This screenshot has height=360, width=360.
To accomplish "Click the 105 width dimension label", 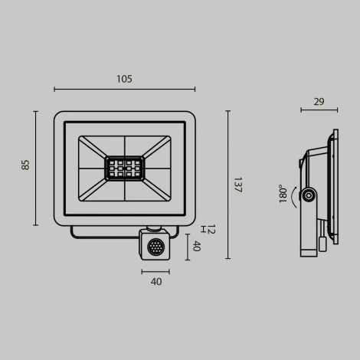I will (124, 79).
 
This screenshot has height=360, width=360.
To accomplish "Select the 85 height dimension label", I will (25, 164).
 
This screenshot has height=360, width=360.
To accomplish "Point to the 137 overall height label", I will (237, 185).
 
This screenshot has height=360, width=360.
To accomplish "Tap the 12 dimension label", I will (211, 229).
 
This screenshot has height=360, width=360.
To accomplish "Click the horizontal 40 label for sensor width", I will (156, 282).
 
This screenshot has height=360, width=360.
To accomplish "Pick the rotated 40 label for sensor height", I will (196, 246).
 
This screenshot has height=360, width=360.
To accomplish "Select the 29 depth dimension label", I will (319, 101).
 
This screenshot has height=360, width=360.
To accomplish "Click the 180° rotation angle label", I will (283, 193).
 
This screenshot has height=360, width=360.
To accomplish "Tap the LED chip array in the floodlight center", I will (125, 168).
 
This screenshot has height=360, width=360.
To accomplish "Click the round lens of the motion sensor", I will (156, 247).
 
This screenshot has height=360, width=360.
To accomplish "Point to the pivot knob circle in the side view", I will (309, 195).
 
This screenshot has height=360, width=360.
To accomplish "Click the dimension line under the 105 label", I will (124, 90).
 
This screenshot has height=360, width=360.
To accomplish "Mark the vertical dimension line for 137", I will (227, 185).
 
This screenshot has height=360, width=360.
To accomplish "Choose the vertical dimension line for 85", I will (35, 168).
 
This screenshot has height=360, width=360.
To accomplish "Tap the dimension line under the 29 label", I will (319, 110).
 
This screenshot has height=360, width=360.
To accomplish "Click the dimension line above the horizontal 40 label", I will (155, 271).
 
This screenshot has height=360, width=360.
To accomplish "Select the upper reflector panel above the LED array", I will (125, 146).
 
